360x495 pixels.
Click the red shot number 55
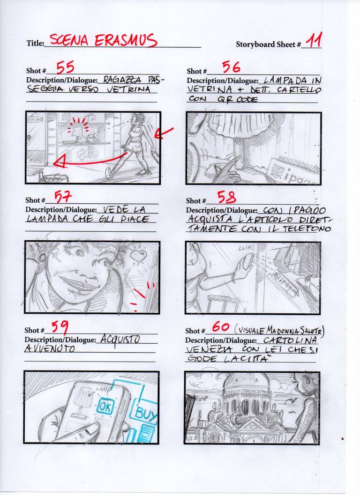tap(65, 68)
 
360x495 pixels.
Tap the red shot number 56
tap(231, 68)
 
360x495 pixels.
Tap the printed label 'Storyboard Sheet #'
tap(268, 44)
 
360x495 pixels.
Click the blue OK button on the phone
tap(105, 406)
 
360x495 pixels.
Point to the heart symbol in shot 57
tap(138, 256)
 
